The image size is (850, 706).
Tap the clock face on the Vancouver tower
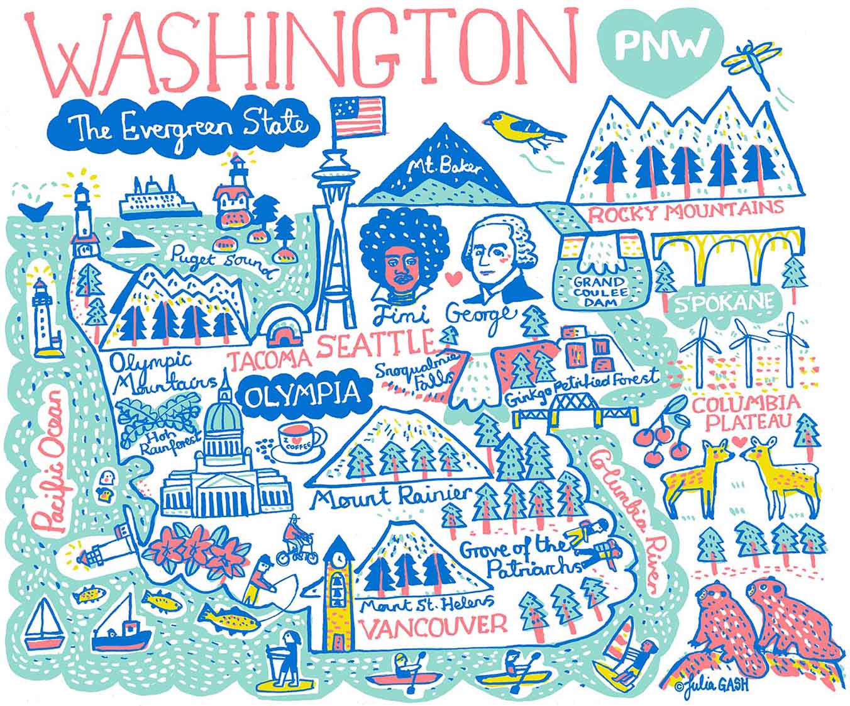(339, 558)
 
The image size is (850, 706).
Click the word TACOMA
(270, 360)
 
